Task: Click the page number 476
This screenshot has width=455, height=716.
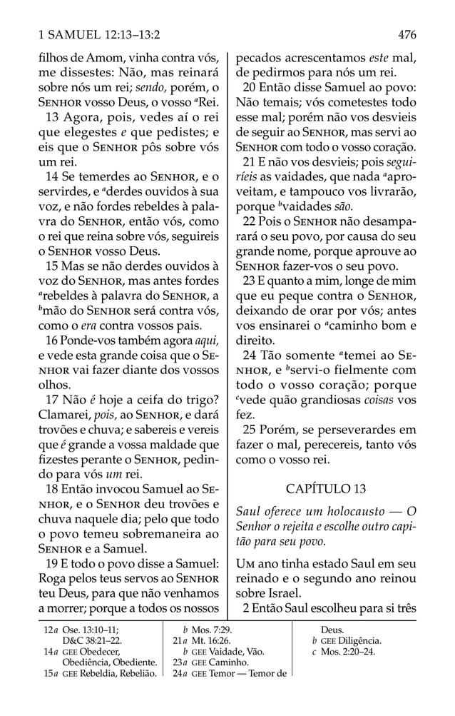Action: click(x=407, y=34)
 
